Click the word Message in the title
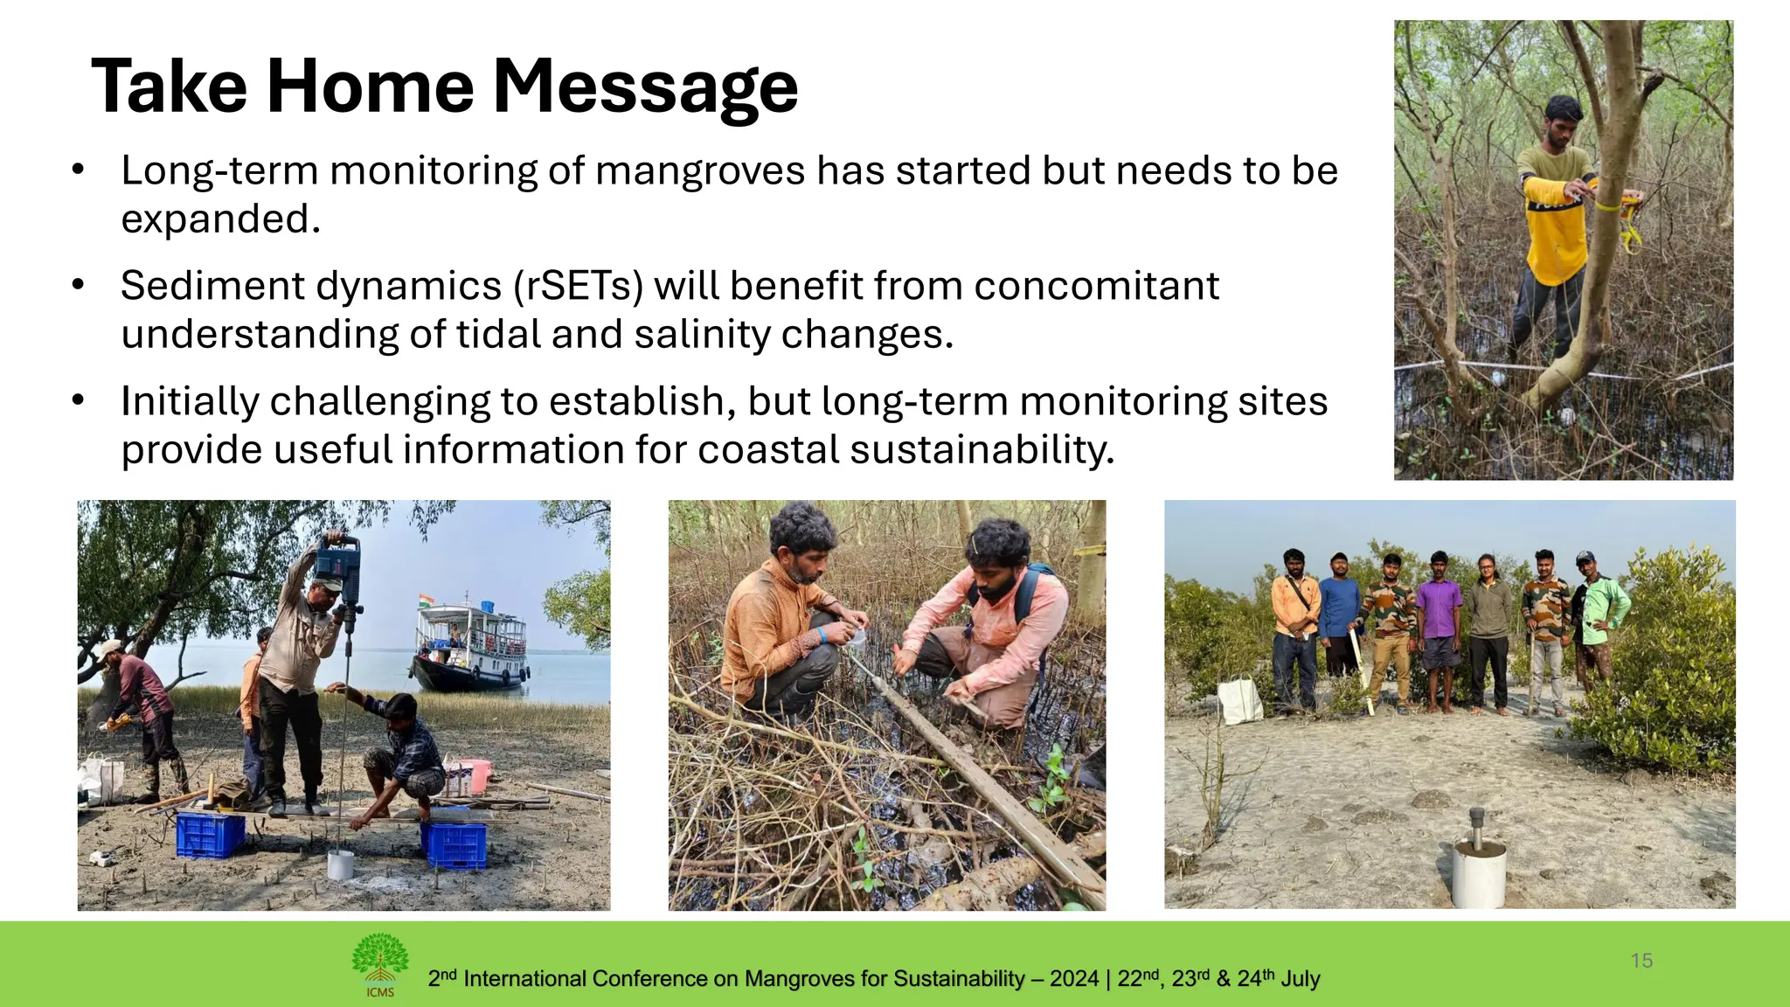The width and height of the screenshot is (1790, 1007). (645, 87)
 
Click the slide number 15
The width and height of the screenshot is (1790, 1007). (1641, 961)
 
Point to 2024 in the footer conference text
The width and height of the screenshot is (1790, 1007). (1074, 978)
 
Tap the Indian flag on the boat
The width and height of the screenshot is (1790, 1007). (427, 601)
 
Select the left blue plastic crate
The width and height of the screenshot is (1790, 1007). (210, 834)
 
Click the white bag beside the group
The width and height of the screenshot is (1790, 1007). (1240, 699)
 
